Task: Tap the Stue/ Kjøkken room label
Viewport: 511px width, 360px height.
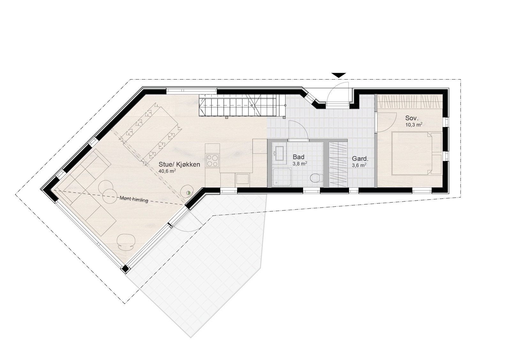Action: coord(179,164)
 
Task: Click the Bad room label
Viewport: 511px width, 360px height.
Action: coord(298,157)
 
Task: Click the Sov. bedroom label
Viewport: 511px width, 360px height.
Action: coord(412,118)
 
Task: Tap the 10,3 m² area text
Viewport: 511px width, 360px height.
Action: coord(414,124)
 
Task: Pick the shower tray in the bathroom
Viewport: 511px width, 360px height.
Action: coord(281,177)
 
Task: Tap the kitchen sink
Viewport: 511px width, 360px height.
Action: coord(242,179)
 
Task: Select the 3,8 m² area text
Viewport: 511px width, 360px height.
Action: coord(300,163)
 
